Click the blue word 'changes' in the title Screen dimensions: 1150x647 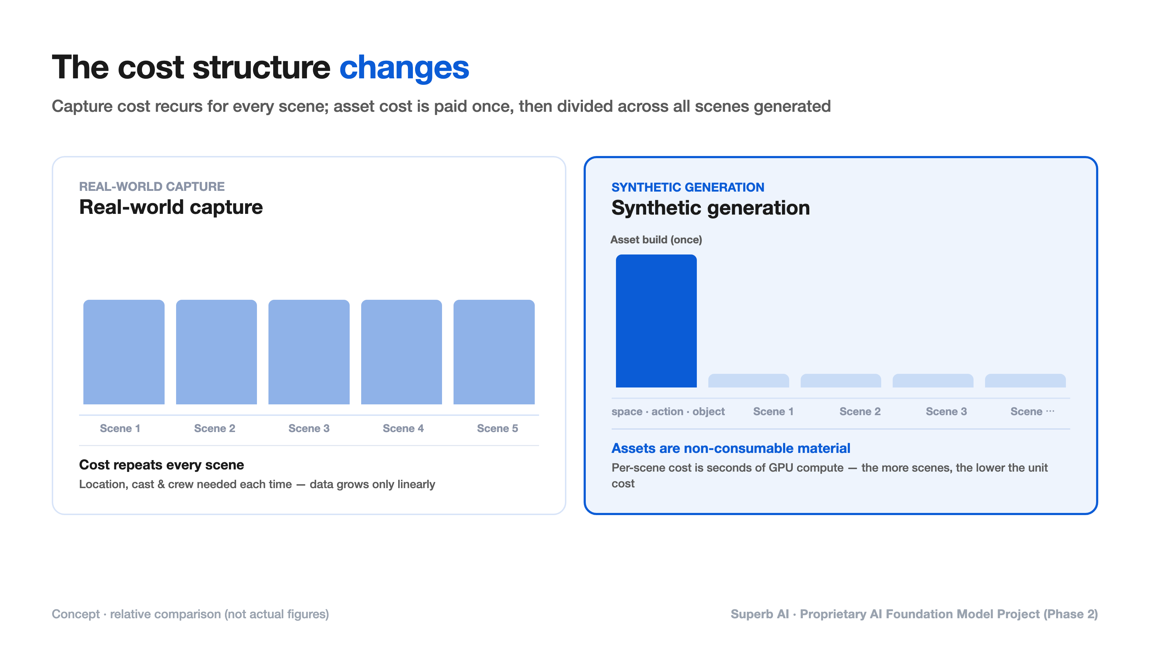click(404, 68)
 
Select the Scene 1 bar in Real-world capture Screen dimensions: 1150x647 click(124, 352)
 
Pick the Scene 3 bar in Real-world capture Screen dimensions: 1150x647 click(309, 352)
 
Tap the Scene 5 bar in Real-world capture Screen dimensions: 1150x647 click(494, 352)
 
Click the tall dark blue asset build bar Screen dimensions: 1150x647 click(656, 321)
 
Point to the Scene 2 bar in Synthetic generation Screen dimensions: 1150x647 click(841, 381)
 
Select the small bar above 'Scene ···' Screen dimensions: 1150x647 click(1025, 381)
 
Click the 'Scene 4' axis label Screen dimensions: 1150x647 click(403, 428)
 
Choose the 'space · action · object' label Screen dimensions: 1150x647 click(668, 412)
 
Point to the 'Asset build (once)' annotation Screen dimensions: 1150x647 click(656, 240)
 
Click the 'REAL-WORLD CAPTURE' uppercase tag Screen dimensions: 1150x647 click(152, 187)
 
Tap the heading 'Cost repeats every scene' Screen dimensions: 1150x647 click(162, 465)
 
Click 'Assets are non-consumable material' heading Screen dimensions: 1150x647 click(731, 448)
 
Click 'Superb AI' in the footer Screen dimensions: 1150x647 click(760, 614)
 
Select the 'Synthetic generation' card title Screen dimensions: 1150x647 click(710, 208)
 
